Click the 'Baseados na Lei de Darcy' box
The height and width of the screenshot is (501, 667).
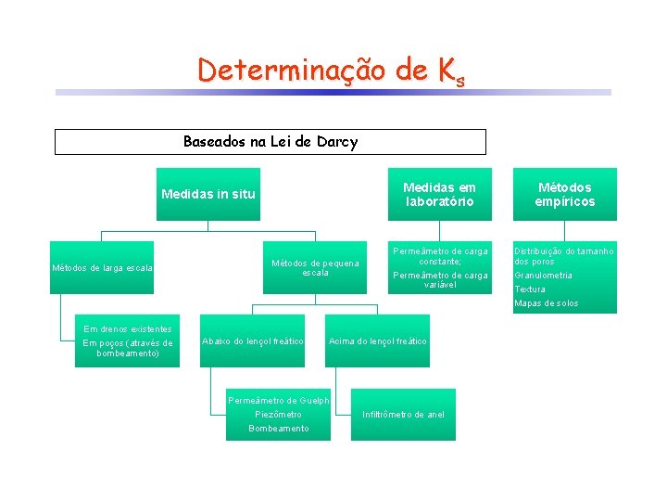tap(270, 142)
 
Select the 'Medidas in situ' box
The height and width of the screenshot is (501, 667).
tap(208, 194)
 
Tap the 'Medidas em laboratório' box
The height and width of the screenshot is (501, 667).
tap(439, 194)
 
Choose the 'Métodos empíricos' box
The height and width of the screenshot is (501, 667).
tap(565, 194)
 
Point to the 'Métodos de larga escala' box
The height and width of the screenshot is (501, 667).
tap(102, 268)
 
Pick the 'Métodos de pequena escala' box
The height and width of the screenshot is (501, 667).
tap(315, 268)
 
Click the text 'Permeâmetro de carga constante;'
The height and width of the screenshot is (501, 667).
tap(440, 256)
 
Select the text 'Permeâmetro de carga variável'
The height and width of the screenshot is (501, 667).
tap(440, 280)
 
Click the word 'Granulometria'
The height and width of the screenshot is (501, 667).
tap(544, 276)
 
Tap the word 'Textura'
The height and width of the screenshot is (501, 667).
tap(530, 289)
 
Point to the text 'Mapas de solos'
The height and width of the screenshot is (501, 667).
tap(547, 303)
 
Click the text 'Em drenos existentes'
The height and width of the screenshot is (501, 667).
tap(128, 328)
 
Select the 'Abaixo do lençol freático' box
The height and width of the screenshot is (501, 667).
tap(253, 341)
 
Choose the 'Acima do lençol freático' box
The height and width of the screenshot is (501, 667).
tap(378, 341)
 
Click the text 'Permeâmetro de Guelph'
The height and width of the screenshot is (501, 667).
tap(278, 400)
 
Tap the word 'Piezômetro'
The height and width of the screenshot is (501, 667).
tap(278, 414)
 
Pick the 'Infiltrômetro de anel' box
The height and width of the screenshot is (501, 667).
tap(403, 414)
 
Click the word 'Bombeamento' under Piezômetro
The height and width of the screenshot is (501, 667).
tap(278, 428)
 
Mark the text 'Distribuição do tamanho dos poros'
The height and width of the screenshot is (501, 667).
tap(564, 256)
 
